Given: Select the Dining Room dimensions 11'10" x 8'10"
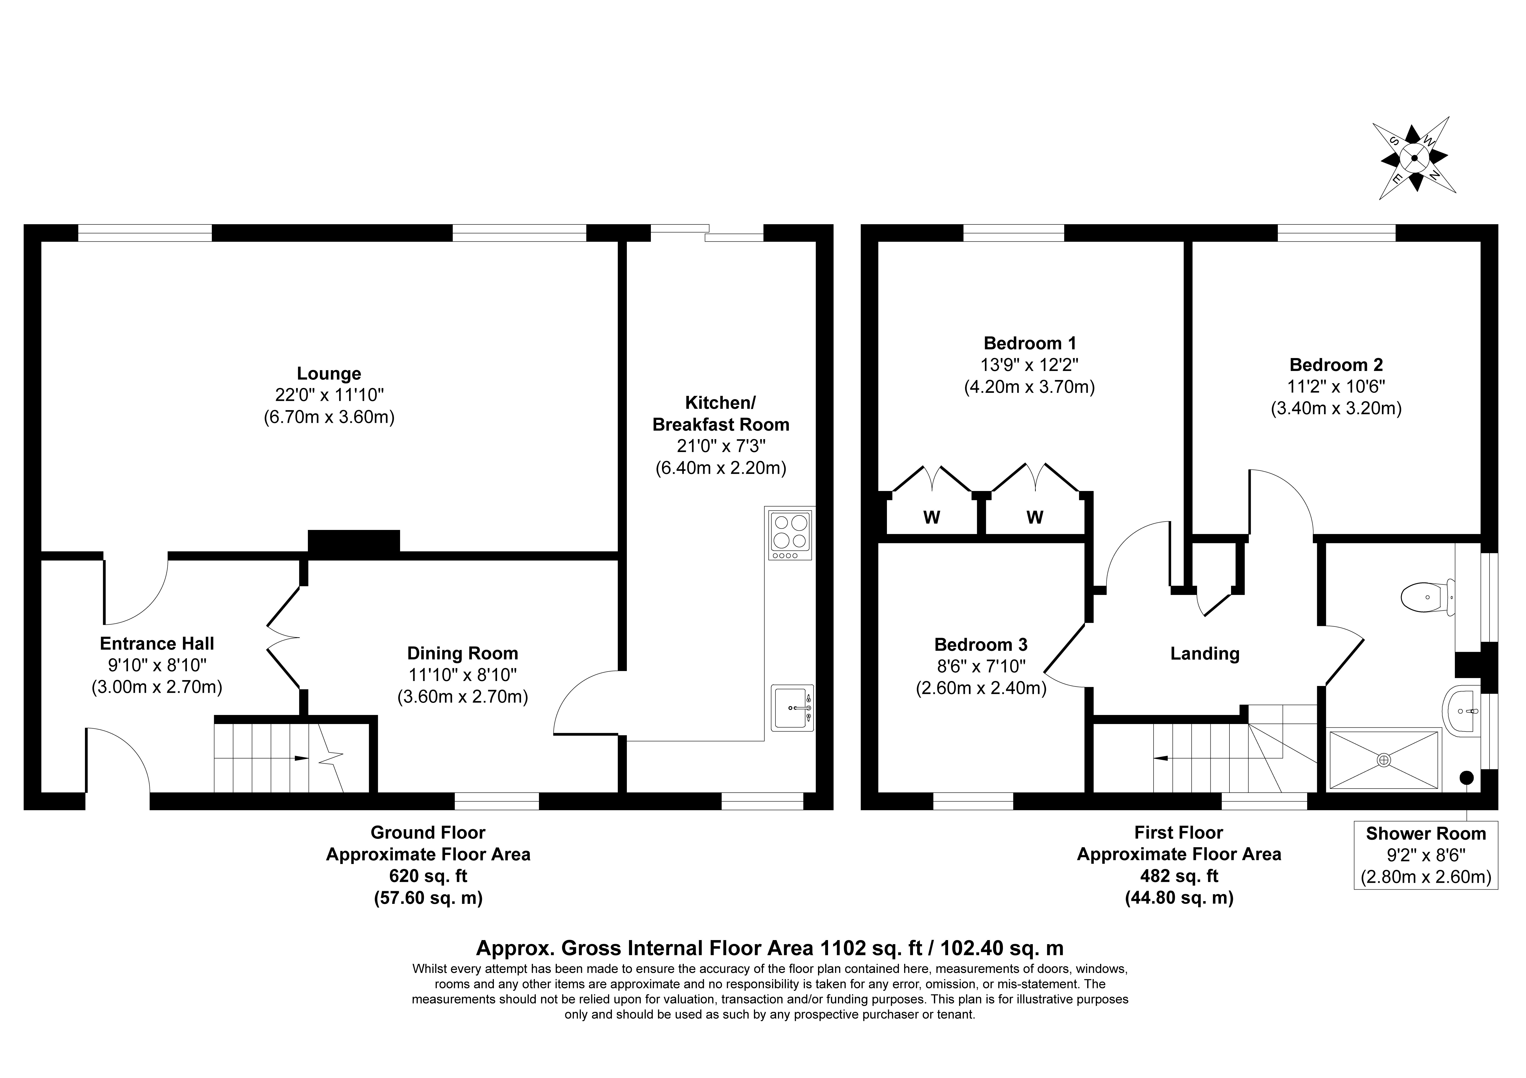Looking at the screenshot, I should pyautogui.click(x=463, y=675).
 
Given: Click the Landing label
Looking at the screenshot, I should pyautogui.click(x=1204, y=654).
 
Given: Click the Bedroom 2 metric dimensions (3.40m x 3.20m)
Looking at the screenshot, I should pyautogui.click(x=1336, y=408).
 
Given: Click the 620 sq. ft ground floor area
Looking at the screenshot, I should pyautogui.click(x=428, y=876).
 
